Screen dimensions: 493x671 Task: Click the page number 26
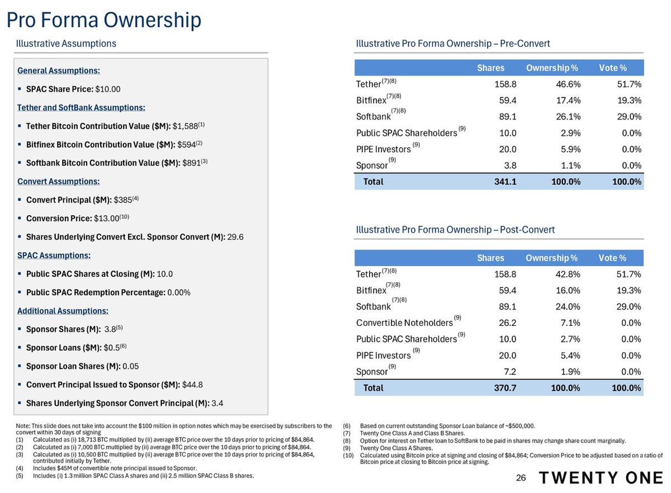[521, 478]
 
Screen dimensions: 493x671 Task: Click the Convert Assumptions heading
[59, 181]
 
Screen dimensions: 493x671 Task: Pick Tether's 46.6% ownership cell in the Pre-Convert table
[566, 84]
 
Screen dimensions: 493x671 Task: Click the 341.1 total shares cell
[504, 182]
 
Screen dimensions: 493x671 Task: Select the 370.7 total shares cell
[504, 388]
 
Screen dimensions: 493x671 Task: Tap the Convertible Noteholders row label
[404, 323]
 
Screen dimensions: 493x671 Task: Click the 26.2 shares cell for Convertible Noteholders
[507, 323]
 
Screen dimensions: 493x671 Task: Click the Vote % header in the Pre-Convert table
[612, 68]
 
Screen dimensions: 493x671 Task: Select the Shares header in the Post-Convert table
[490, 258]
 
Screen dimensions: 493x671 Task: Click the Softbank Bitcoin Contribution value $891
[192, 163]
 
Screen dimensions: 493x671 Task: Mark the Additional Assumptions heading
[63, 311]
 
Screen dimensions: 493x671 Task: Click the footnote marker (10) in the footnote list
[349, 456]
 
